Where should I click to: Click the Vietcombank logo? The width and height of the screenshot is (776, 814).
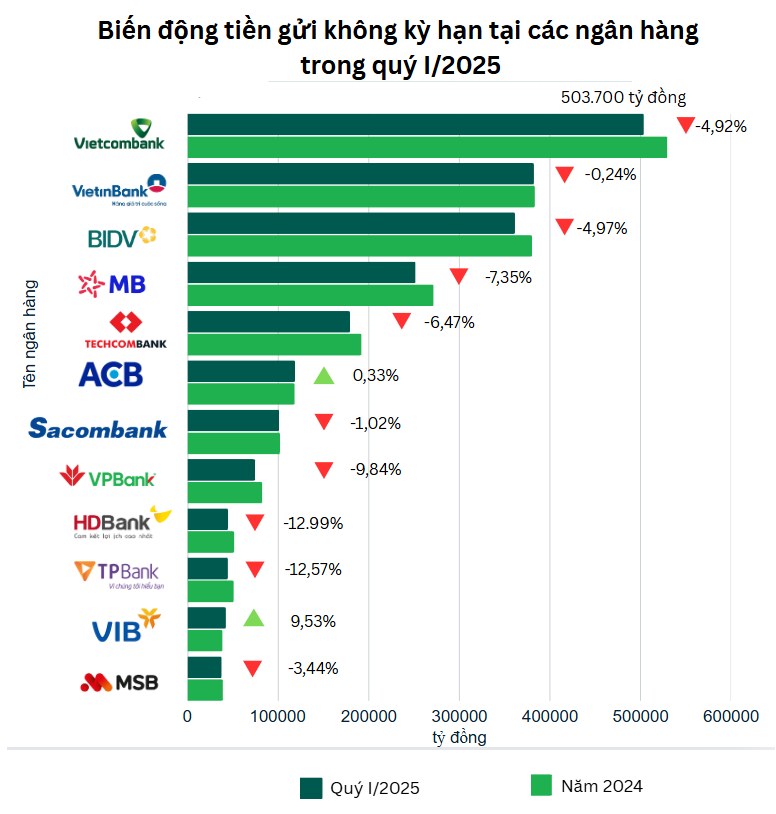coord(119,135)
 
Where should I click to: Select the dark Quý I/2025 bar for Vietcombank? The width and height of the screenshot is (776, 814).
coord(415,124)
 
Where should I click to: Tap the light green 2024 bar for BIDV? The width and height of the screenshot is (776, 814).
coord(359,246)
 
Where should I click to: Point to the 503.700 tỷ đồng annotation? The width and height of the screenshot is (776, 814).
coord(623,97)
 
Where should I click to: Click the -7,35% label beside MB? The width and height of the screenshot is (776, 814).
coord(509,277)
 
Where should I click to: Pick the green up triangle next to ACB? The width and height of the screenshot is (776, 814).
coord(323,376)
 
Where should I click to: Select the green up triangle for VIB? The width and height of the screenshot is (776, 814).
coord(254,618)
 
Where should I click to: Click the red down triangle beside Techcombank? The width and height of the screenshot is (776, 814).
coord(402,321)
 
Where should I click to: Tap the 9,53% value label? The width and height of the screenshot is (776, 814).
coord(313,621)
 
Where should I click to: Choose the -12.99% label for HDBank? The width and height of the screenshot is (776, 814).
coord(313,522)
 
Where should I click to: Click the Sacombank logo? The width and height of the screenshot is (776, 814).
coord(98,428)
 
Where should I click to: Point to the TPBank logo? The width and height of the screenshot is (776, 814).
coord(117,573)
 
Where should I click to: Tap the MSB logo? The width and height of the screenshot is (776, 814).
coord(119,683)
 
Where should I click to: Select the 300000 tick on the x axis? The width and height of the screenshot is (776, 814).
coord(459,716)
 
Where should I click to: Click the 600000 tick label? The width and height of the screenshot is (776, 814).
coord(730,716)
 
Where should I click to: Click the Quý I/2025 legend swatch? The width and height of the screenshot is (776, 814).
coord(311,788)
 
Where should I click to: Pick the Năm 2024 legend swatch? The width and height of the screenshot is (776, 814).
coord(541,786)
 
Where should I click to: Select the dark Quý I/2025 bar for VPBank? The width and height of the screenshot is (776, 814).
coord(221,470)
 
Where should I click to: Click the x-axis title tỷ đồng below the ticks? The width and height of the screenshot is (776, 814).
coord(459,738)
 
